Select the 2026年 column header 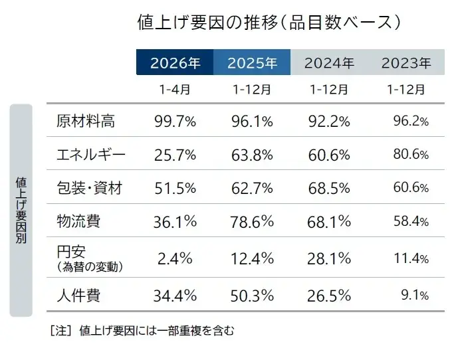click(x=175, y=63)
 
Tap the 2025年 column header click(x=252, y=63)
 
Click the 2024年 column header click(x=329, y=63)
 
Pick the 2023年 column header click(x=406, y=63)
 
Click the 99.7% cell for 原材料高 click(x=175, y=121)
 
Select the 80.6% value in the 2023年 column click(x=410, y=155)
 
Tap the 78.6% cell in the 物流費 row click(x=252, y=221)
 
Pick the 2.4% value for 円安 click(x=175, y=257)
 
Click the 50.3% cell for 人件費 click(x=252, y=296)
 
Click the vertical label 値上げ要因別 click(x=21, y=210)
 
